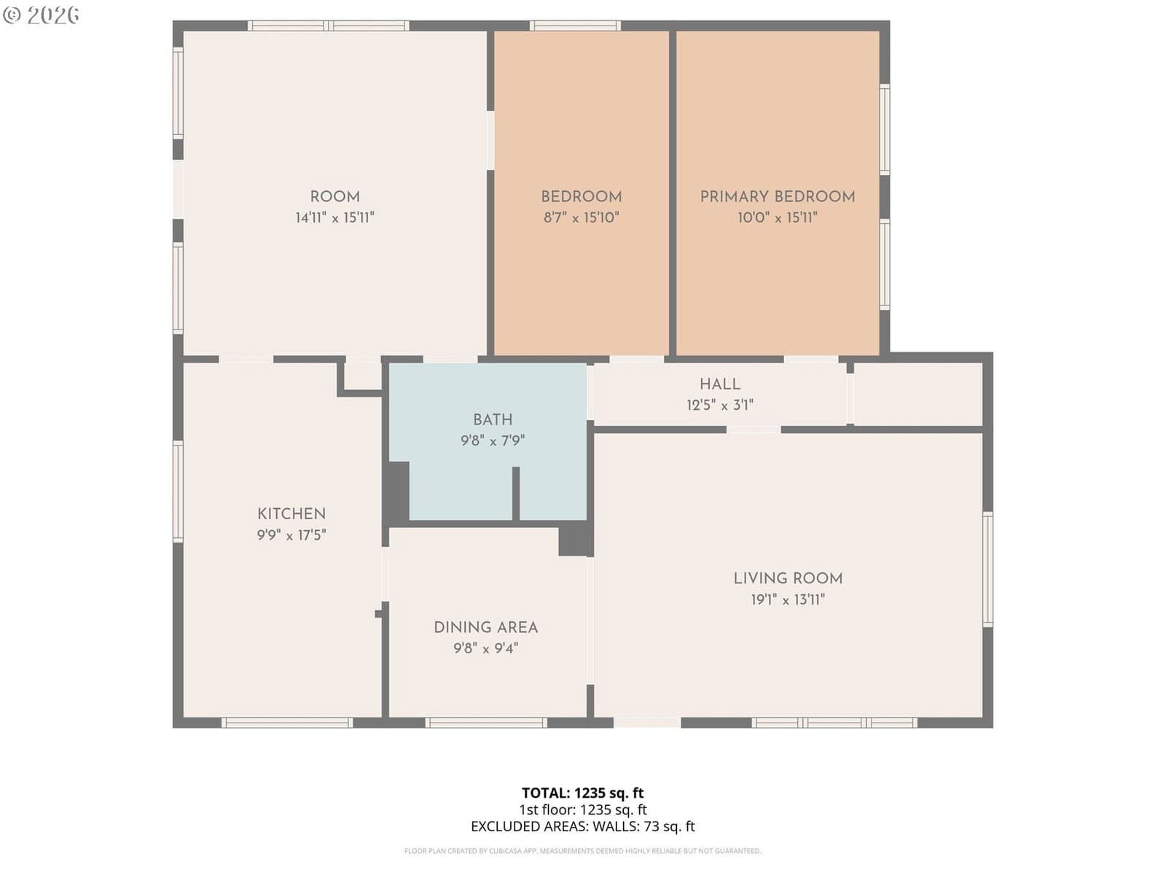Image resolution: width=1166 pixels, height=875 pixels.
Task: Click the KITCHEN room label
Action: pos(291,514)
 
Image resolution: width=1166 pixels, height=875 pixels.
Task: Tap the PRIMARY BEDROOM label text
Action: pos(777,197)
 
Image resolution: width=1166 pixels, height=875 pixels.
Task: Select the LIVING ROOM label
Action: pos(788,578)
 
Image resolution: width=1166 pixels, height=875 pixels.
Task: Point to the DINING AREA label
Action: pos(485,627)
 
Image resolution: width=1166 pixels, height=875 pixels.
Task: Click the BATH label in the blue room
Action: pos(493,420)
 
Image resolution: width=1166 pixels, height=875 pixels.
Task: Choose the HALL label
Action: pos(720,384)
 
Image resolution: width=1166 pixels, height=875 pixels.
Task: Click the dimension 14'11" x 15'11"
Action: pos(334,217)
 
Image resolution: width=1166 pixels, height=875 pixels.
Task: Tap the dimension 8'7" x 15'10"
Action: pos(581,217)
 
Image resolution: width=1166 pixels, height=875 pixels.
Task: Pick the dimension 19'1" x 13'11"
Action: pos(788,600)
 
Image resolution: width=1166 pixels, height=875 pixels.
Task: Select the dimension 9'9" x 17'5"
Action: pos(291,535)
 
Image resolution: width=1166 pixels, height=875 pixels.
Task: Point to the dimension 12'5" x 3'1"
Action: pos(720,405)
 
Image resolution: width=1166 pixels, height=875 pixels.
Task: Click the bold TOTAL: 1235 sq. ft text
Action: pos(583,793)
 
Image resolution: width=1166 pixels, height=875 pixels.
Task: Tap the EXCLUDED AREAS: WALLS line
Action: pos(583,827)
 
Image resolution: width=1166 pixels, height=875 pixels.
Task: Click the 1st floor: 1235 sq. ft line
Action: pos(583,809)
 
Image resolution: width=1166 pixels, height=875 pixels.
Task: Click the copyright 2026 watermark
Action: pos(41,15)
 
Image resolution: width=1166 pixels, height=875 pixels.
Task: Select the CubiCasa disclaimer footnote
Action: pos(583,851)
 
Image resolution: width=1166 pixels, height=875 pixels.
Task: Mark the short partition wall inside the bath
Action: pos(515,494)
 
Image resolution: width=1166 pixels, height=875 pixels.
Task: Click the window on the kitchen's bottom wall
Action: pos(287,723)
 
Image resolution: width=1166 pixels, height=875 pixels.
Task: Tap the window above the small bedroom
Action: pos(575,26)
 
